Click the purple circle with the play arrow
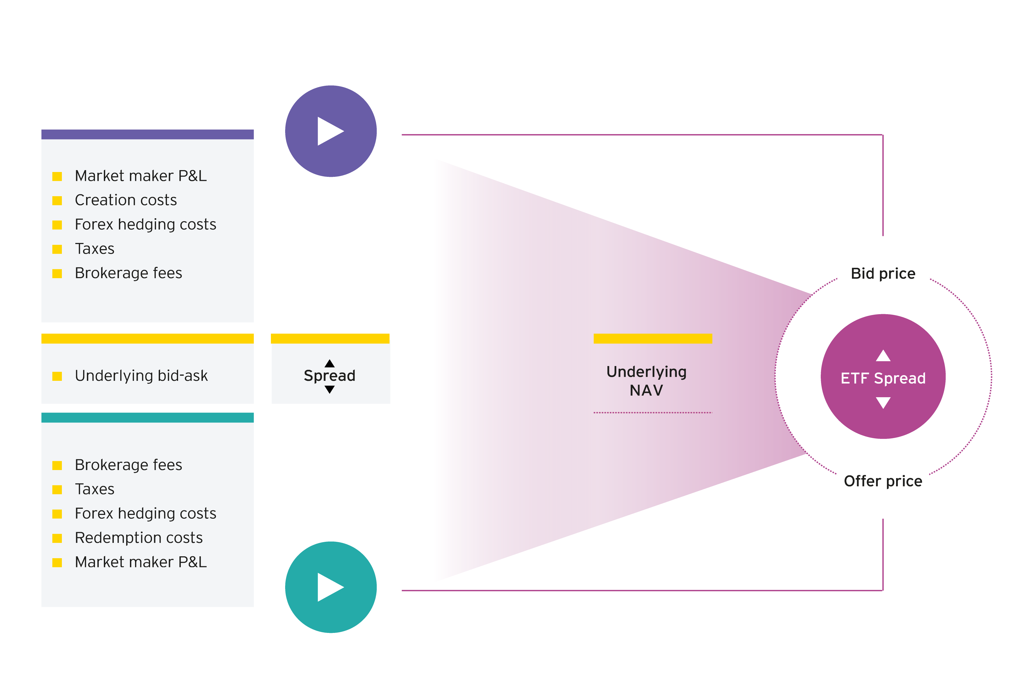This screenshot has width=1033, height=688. click(x=331, y=131)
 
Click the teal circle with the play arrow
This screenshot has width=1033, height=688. click(x=331, y=587)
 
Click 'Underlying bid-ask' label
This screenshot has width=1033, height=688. click(x=141, y=376)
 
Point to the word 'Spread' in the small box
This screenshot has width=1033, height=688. click(x=329, y=376)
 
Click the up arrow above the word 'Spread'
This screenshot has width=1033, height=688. click(x=329, y=363)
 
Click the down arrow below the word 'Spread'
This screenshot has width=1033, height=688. click(x=329, y=390)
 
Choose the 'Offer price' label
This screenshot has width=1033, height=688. click(x=883, y=481)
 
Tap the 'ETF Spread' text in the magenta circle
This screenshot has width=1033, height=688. click(x=883, y=378)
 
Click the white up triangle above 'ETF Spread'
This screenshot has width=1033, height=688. click(x=883, y=356)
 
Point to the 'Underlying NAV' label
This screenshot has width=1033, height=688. click(x=646, y=381)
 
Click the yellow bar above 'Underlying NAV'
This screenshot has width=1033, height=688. click(x=653, y=338)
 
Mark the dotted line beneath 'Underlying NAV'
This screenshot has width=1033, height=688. click(x=653, y=413)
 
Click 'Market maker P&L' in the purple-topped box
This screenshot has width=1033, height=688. click(x=140, y=176)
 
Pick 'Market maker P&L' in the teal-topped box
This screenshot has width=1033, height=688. click(x=140, y=562)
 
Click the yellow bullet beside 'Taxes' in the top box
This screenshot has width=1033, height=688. click(x=57, y=249)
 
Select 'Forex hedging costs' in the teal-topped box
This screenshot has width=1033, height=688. click(x=145, y=513)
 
